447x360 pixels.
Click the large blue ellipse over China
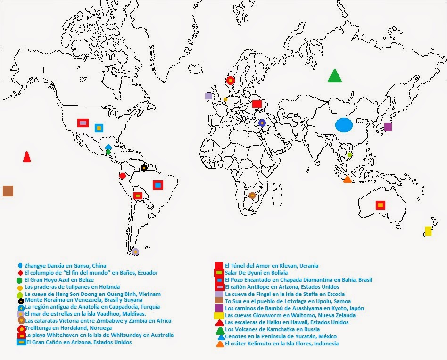[x=344, y=125]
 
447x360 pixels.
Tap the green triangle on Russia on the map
[x=335, y=76]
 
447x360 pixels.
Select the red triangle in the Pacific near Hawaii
[x=27, y=157]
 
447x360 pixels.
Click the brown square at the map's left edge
[x=8, y=191]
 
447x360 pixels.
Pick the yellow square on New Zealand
[x=428, y=231]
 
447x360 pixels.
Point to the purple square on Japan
[x=388, y=127]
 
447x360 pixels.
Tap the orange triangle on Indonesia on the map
[x=348, y=179]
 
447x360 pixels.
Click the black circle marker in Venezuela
[x=144, y=168]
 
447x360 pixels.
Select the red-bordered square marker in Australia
[x=380, y=205]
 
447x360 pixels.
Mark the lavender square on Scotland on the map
[x=208, y=96]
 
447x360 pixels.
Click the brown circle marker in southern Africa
[x=252, y=195]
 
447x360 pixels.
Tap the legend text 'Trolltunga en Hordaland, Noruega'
[x=68, y=328]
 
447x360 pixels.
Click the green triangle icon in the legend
[x=219, y=330]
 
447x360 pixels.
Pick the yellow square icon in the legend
[x=219, y=316]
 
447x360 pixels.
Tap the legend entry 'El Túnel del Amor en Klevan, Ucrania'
[x=271, y=266]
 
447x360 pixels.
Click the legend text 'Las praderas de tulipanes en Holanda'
[x=72, y=287]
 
